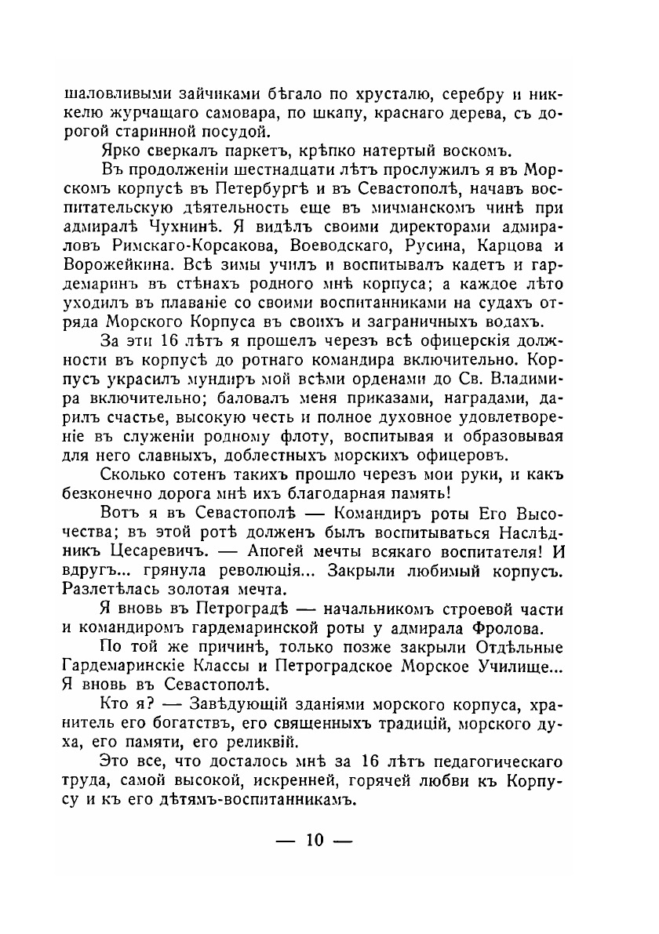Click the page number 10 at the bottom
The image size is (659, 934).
click(315, 840)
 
